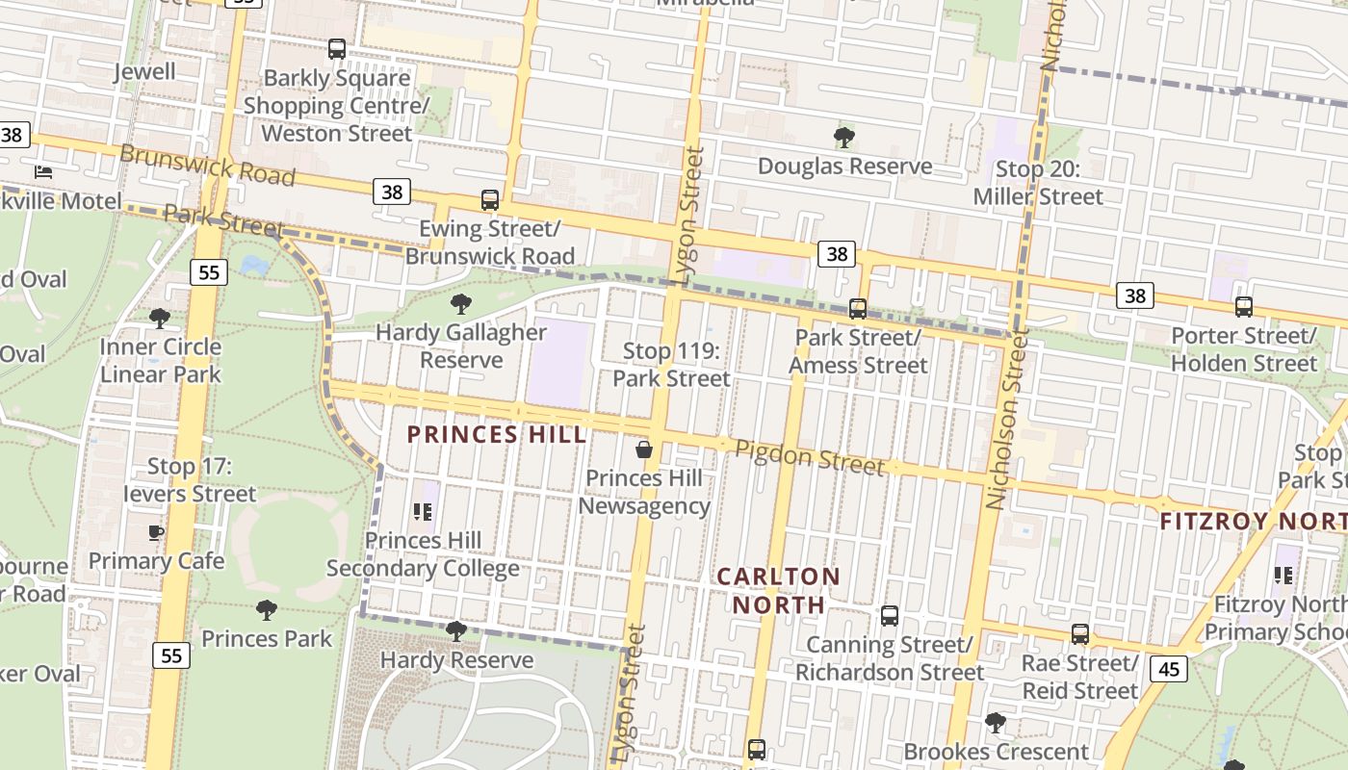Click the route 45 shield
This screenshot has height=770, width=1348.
point(1169,668)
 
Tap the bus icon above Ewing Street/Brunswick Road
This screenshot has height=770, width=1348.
point(490,200)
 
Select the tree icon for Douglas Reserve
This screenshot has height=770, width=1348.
point(844,138)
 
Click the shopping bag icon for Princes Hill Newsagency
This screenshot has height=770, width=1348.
point(644,449)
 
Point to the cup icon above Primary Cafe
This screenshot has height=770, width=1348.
point(156,532)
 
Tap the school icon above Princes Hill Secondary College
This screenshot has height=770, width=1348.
point(422,512)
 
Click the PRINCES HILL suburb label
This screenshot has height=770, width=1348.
point(496,435)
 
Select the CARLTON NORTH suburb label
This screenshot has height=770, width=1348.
point(779,590)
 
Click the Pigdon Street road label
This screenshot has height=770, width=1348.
point(809,457)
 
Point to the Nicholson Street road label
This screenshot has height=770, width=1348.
point(1007,420)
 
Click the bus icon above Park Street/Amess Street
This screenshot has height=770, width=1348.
point(857,309)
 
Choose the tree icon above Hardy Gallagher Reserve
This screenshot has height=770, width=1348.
point(461,304)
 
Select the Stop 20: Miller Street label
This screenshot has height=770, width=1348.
point(1038,183)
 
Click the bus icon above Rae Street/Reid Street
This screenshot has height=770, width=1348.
point(1080,634)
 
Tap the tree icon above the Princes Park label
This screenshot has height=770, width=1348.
point(266,609)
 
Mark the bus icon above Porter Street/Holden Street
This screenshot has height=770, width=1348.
point(1244,307)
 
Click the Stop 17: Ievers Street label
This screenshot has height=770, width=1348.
point(190,480)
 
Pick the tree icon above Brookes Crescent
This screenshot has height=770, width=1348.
point(996,722)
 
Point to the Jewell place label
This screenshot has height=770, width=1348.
point(144,71)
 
